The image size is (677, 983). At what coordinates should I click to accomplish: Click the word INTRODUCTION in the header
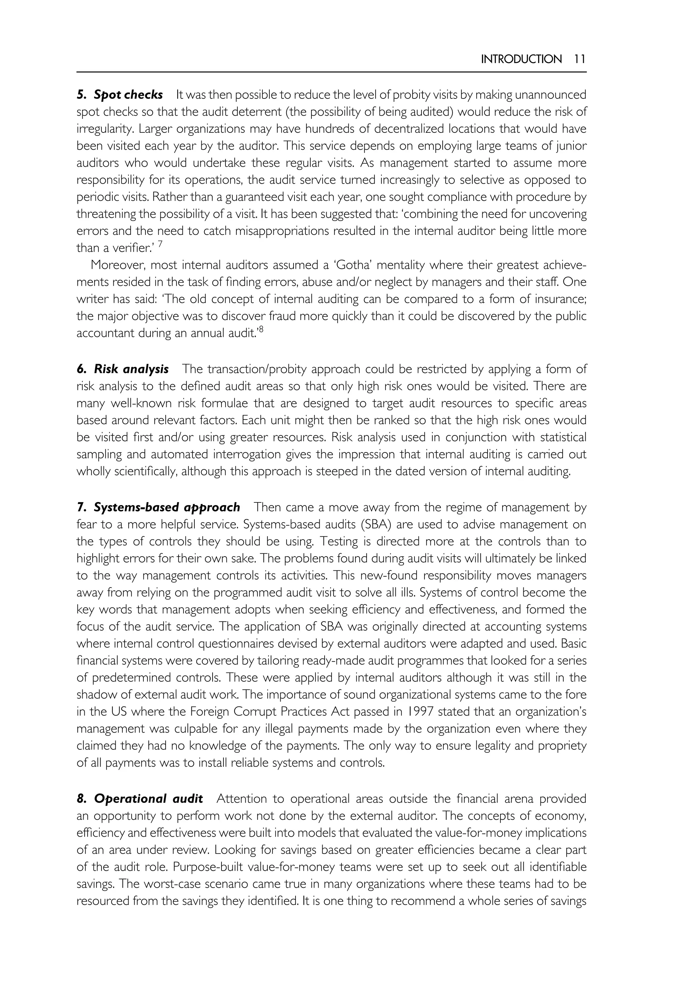tap(521, 59)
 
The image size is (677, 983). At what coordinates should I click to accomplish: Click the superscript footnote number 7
tap(160, 244)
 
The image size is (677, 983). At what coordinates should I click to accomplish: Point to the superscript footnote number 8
tap(260, 329)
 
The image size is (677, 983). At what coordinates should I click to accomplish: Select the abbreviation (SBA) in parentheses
tap(376, 525)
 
